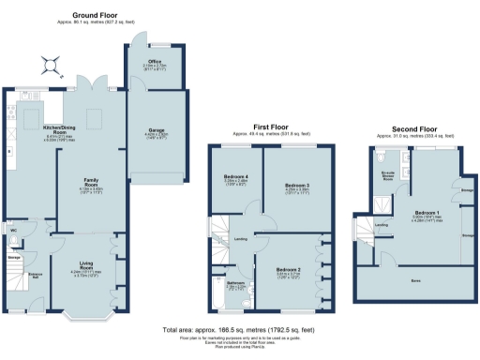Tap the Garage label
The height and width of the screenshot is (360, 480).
click(x=157, y=129)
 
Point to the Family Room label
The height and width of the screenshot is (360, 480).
click(x=90, y=185)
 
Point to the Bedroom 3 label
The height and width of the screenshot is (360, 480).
click(x=297, y=185)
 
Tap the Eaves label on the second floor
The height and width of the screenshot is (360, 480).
click(x=414, y=279)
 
